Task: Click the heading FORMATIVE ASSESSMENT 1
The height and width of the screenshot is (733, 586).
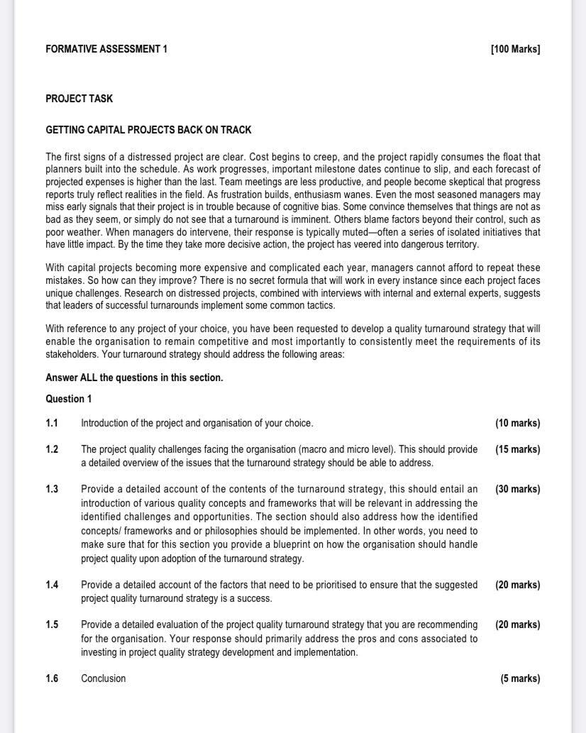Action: (x=106, y=49)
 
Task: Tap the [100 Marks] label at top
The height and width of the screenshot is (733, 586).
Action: (x=515, y=49)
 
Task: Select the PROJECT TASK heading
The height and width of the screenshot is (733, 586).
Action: (x=79, y=99)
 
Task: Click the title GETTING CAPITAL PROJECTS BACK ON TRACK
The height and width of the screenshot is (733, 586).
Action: (x=148, y=130)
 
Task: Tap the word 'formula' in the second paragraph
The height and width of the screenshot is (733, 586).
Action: (x=341, y=280)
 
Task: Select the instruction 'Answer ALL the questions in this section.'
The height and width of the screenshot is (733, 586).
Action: (x=134, y=377)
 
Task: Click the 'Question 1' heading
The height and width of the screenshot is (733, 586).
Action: (x=69, y=399)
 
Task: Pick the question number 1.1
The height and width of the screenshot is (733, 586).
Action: (x=52, y=423)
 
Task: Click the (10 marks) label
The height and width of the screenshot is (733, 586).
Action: (x=517, y=423)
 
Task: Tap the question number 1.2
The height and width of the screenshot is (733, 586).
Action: (x=52, y=449)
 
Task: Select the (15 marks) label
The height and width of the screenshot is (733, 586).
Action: (x=517, y=449)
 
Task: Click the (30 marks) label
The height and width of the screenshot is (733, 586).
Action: (x=517, y=489)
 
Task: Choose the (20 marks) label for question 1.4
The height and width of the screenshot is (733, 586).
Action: (x=517, y=585)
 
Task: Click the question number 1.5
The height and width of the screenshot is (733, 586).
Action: (x=52, y=624)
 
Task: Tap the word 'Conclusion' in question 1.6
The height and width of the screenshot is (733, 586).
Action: (x=103, y=678)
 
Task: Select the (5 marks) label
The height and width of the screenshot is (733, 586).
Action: (x=520, y=678)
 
